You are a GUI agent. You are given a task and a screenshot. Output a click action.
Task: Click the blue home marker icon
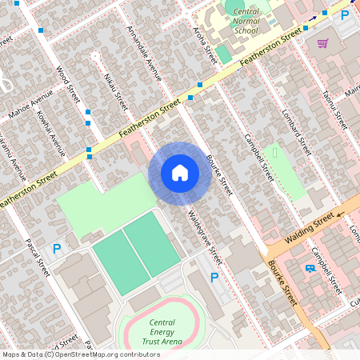[x=180, y=172]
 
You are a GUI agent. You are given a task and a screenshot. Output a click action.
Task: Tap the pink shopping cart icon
[x=322, y=43]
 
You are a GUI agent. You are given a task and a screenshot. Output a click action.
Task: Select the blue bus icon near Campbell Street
[x=310, y=268]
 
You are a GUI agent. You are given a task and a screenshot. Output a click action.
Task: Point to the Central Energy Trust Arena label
[x=162, y=329]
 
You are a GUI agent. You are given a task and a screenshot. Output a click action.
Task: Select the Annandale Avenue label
[x=144, y=53]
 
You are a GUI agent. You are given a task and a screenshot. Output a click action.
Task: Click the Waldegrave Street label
[x=204, y=238]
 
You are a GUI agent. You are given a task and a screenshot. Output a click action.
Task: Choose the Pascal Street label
[x=38, y=257]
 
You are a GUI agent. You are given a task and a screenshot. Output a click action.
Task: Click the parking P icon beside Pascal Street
[x=56, y=249]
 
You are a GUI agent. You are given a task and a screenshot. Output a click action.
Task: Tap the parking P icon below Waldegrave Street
[x=214, y=278]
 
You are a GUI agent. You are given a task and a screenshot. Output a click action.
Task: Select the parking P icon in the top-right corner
[x=345, y=14]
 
